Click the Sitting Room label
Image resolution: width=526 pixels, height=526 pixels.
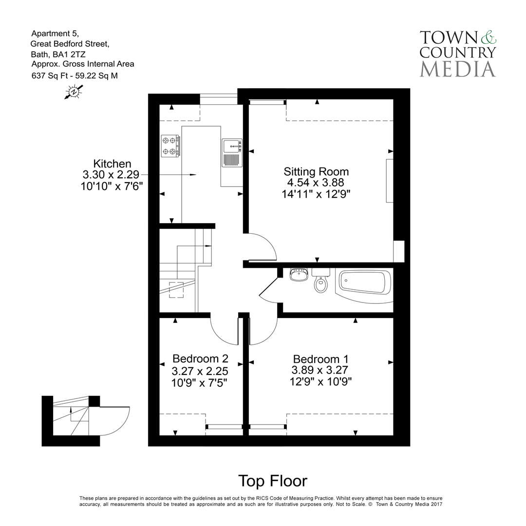click(316, 171)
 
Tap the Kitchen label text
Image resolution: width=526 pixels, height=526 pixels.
click(113, 164)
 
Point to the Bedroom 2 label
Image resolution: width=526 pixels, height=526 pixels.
click(200, 359)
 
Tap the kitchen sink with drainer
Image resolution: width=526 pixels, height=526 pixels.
click(232, 152)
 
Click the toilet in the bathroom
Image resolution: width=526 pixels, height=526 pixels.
click(320, 281)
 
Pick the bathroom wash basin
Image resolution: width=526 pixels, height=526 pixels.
click(298, 275)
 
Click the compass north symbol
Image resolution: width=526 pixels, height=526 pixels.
click(74, 92)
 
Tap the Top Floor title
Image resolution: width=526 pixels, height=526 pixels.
click(272, 481)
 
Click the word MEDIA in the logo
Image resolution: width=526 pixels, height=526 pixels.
click(457, 69)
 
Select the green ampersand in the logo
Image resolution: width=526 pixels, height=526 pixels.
click(488, 37)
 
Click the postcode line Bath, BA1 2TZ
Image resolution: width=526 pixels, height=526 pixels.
click(58, 54)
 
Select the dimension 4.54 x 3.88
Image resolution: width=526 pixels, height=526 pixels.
click(316, 183)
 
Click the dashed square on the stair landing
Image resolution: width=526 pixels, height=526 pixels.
click(176, 289)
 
